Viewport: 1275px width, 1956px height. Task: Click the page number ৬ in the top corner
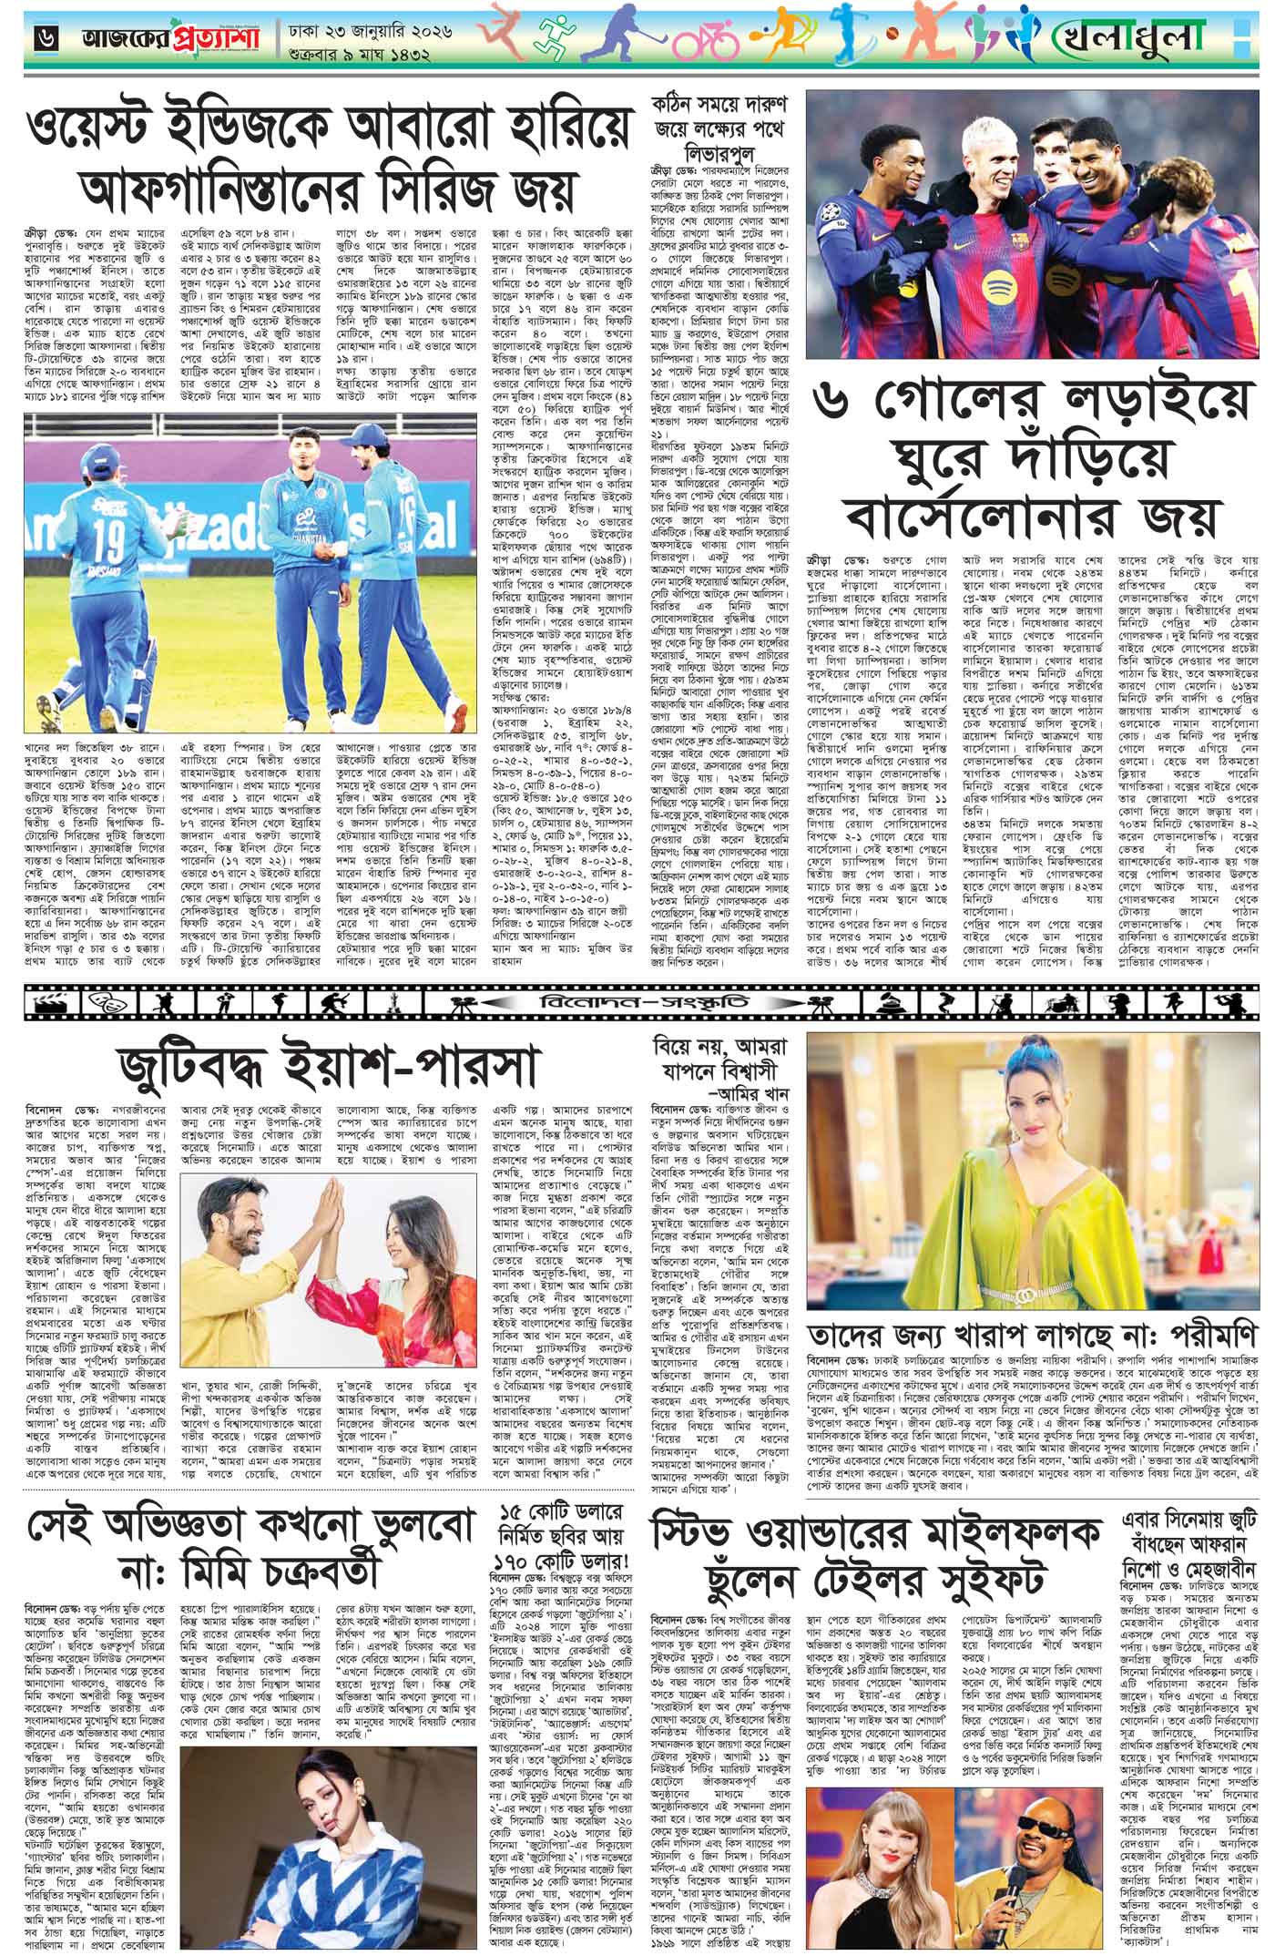43,38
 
